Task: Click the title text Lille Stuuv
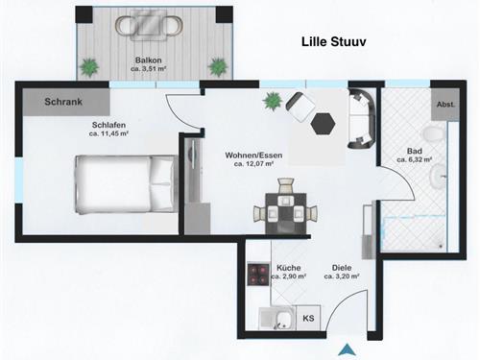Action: tap(334, 42)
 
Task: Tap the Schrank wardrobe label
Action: tap(63, 102)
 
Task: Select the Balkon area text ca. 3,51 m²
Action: tap(149, 69)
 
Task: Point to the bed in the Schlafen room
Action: tap(127, 184)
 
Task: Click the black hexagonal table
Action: tap(324, 124)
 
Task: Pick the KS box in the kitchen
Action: tap(308, 318)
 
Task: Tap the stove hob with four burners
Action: tap(258, 275)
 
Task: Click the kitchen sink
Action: tap(277, 319)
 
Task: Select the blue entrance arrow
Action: tap(348, 349)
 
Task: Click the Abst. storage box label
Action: tap(445, 105)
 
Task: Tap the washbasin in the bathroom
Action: tap(438, 177)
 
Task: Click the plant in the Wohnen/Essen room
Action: tap(273, 101)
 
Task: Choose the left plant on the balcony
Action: tap(89, 67)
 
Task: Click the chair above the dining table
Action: tap(285, 185)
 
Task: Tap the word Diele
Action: tap(342, 268)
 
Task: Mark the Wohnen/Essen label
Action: tap(253, 156)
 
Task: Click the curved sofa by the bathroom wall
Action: tap(362, 119)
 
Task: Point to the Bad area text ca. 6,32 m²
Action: tap(415, 159)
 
